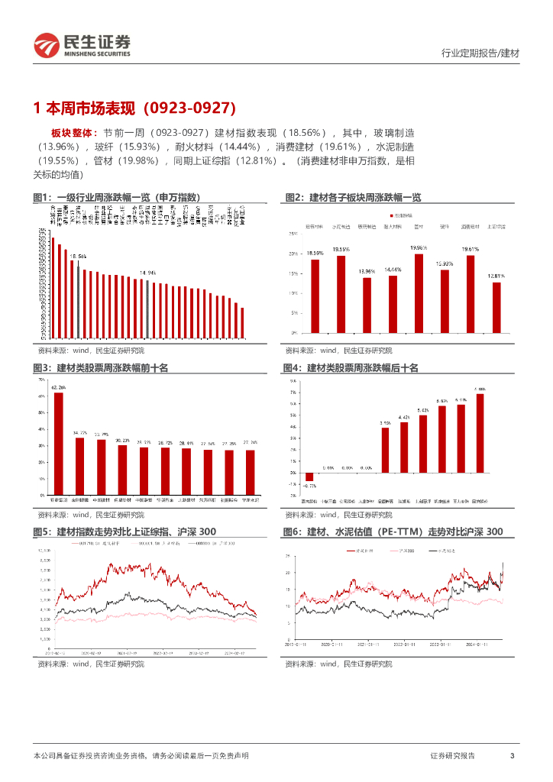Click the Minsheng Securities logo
pyautogui.click(x=82, y=46)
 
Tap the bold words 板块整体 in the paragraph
pyautogui.click(x=68, y=132)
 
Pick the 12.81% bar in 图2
pyautogui.click(x=496, y=307)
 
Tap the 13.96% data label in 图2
pyautogui.click(x=367, y=271)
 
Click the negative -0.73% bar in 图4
pyautogui.click(x=310, y=477)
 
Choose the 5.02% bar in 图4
pyautogui.click(x=423, y=445)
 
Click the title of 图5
pyautogui.click(x=125, y=532)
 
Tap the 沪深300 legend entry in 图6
pyautogui.click(x=397, y=550)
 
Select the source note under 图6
pyautogui.click(x=338, y=664)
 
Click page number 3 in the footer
pyautogui.click(x=512, y=755)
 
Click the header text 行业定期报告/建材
pyautogui.click(x=480, y=53)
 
